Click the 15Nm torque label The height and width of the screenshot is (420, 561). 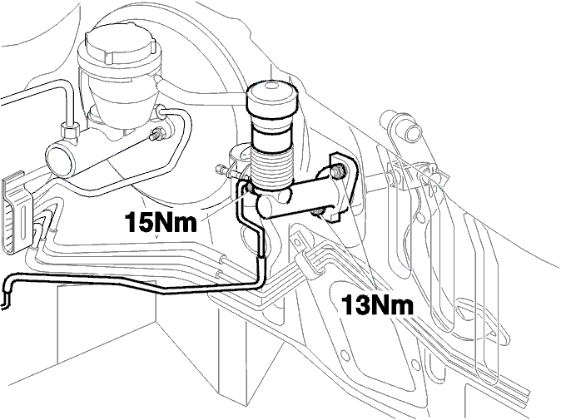[161, 222]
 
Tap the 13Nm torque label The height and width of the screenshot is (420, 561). [377, 305]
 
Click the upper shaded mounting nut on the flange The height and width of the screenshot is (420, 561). [337, 171]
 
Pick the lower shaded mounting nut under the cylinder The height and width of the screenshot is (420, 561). [317, 213]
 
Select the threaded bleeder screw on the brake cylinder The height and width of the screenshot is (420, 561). [156, 135]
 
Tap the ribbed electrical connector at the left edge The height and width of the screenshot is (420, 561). [17, 213]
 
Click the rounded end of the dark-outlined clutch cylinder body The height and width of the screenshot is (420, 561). [266, 208]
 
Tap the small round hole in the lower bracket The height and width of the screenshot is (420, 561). [345, 355]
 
